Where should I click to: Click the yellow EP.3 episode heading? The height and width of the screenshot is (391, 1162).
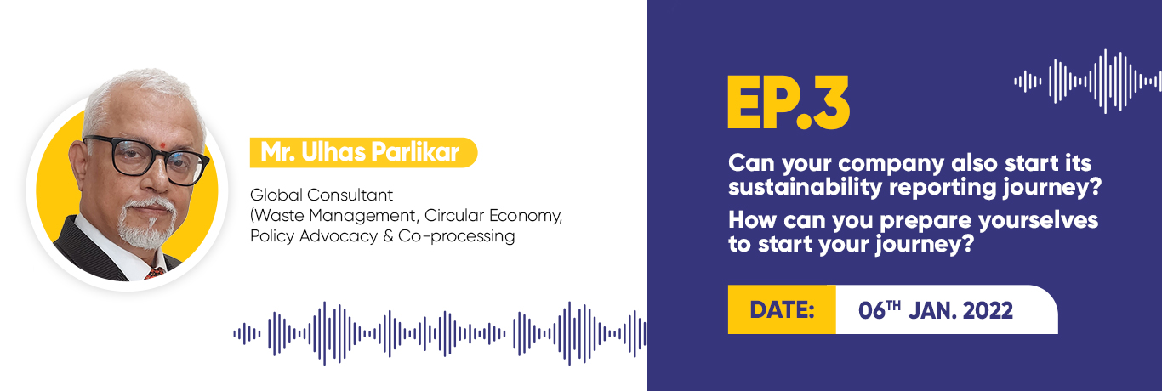(788, 102)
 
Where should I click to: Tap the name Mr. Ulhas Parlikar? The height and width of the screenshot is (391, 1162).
(360, 152)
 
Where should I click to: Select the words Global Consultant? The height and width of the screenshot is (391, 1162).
(322, 195)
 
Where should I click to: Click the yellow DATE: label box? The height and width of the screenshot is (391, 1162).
(782, 309)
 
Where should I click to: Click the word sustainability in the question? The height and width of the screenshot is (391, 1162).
(805, 187)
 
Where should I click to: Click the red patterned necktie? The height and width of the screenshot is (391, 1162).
(155, 273)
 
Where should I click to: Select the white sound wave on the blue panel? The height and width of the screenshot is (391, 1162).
(1088, 82)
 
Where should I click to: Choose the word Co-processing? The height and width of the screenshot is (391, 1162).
(457, 236)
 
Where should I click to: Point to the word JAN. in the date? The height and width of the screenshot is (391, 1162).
(932, 310)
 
